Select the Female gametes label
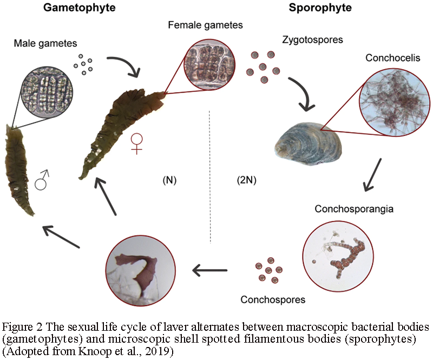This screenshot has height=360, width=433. click(205, 25)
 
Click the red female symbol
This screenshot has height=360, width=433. click(137, 142)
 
